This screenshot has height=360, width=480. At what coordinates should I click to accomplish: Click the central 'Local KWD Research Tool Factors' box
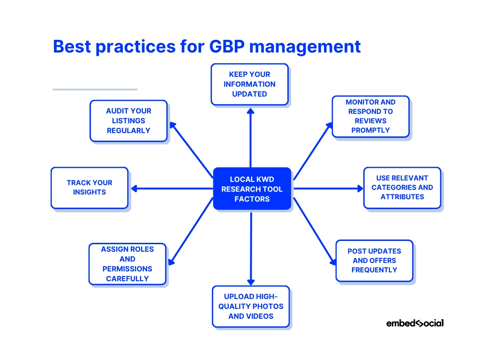252,188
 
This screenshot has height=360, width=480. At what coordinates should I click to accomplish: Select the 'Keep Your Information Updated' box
249,84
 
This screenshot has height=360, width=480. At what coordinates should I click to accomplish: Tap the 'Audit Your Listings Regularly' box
128,120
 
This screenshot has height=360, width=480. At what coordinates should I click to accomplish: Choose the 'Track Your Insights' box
90,187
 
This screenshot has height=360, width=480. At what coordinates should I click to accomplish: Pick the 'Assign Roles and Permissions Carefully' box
127,264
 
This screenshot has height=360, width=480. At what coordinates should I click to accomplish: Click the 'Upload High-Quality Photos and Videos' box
251,307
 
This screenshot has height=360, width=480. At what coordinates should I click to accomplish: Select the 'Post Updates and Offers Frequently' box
375,261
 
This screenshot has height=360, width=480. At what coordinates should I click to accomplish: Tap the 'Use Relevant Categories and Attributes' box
402,187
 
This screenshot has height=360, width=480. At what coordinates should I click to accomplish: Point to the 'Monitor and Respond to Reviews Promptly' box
371,116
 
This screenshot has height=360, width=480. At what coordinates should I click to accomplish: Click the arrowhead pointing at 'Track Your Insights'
134,188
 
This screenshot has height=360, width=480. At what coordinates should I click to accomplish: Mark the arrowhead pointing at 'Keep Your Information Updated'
250,111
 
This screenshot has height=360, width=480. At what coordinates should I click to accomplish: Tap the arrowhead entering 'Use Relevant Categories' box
360,188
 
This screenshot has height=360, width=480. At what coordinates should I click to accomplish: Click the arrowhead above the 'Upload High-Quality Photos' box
251,282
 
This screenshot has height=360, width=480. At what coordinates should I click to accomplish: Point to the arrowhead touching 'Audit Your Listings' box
172,125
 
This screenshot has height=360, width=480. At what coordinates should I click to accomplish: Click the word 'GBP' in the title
227,46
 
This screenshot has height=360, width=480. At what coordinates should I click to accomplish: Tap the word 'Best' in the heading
72,46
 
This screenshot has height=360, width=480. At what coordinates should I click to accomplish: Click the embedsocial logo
415,323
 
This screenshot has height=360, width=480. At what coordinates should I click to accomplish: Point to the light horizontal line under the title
95,90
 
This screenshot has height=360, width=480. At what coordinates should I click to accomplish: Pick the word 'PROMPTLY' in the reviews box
370,130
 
